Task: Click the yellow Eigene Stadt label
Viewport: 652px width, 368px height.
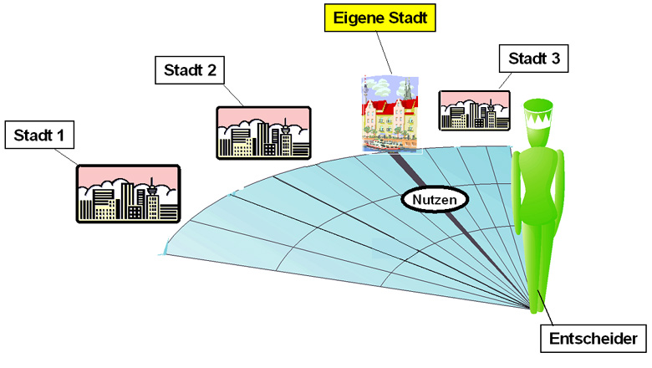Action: [x=379, y=17]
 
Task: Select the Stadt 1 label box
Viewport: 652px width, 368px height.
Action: [x=40, y=135]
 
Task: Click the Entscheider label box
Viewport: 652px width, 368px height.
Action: [x=593, y=339]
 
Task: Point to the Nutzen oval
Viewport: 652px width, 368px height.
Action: [x=433, y=199]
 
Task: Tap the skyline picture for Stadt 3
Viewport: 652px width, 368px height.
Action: [x=474, y=111]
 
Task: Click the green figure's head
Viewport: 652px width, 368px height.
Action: [x=540, y=122]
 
